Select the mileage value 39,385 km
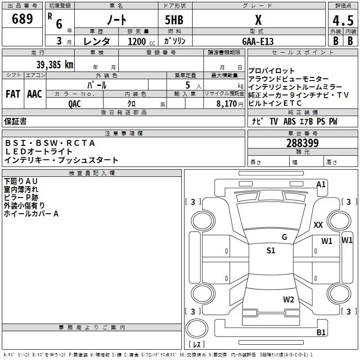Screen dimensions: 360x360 [54, 64]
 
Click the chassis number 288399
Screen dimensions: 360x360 [302, 143]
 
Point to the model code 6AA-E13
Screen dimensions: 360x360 [257, 41]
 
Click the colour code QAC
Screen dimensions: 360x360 [75, 103]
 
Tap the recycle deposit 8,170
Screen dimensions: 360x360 [224, 103]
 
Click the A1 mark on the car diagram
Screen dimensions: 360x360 [321, 184]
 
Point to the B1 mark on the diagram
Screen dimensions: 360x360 [321, 333]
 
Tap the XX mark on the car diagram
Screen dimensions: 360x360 [318, 225]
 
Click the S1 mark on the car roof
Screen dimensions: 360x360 [270, 251]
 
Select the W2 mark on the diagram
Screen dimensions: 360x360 [288, 300]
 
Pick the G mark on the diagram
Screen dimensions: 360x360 [284, 237]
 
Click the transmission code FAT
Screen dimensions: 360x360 [13, 94]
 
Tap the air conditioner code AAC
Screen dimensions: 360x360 [35, 94]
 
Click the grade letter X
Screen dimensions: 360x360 [258, 20]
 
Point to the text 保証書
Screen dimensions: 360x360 [15, 121]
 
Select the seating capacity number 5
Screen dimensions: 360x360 [187, 85]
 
